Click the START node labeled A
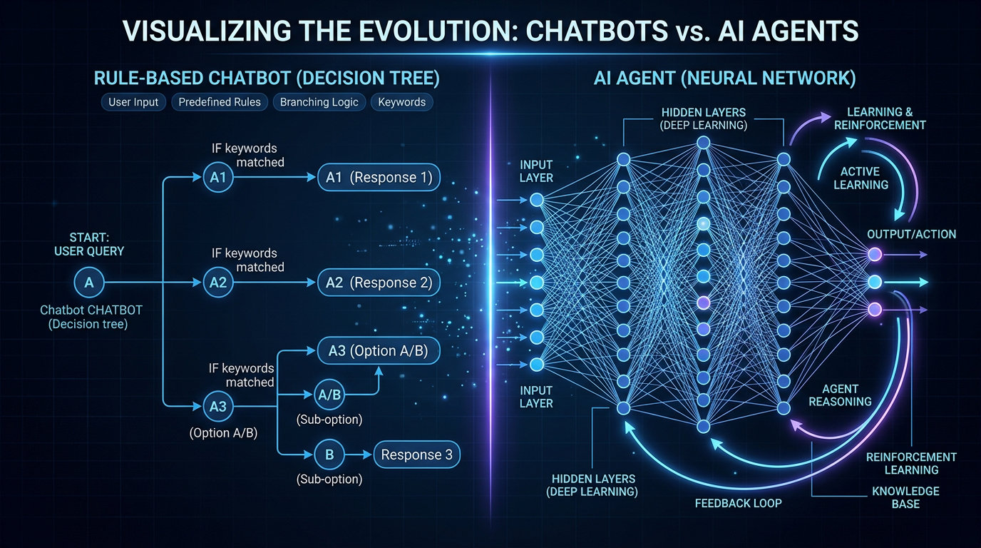(x=89, y=283)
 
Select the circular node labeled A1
(x=218, y=178)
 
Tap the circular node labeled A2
(x=218, y=283)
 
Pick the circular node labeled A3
(x=218, y=407)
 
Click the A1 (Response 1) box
(x=379, y=178)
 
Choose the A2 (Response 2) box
(x=379, y=283)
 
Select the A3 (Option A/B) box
(x=379, y=351)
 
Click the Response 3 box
(x=416, y=455)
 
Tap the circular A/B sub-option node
(x=329, y=394)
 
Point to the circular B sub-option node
(x=329, y=455)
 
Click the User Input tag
(x=133, y=102)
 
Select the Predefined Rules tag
(x=220, y=102)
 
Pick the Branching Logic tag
(x=319, y=102)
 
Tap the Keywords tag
(x=401, y=102)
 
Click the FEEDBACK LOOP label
(x=738, y=503)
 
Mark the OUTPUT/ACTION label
(x=911, y=235)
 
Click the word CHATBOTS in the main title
(x=551, y=33)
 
